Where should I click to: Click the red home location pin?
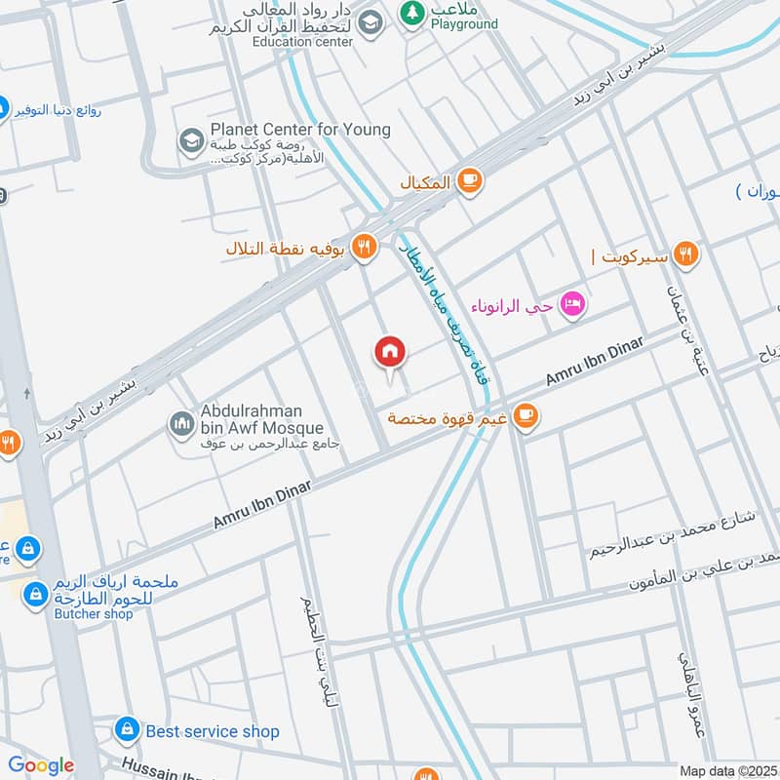click(390, 352)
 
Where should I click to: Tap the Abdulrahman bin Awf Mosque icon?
click(180, 423)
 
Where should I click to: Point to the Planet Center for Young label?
click(300, 130)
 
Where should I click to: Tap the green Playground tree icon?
click(410, 14)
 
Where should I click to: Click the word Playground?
click(464, 23)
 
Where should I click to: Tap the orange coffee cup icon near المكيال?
click(470, 181)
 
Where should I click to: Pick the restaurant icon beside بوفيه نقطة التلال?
click(365, 248)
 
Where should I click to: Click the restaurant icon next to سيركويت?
click(686, 255)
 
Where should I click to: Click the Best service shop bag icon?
click(126, 728)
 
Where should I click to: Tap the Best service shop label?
click(213, 730)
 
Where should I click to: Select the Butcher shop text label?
click(94, 615)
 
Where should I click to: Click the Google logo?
click(41, 765)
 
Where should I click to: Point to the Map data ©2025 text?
click(727, 770)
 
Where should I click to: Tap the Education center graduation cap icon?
click(370, 22)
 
